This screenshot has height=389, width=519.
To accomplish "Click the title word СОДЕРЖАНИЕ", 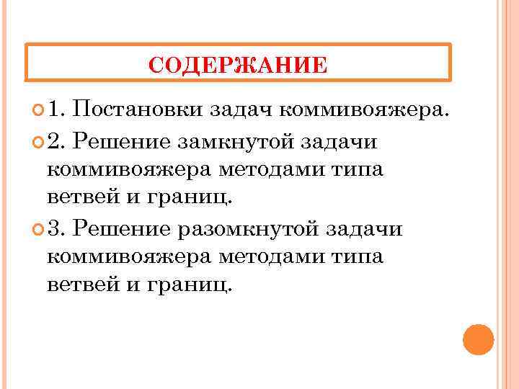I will pyautogui.click(x=237, y=66).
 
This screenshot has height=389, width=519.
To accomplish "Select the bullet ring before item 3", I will pyautogui.click(x=37, y=230).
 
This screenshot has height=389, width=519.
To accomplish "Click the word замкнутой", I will pyautogui.click(x=241, y=142).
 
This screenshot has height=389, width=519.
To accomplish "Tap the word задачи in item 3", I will pyautogui.click(x=363, y=229).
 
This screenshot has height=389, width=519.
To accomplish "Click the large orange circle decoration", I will pyautogui.click(x=478, y=340).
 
